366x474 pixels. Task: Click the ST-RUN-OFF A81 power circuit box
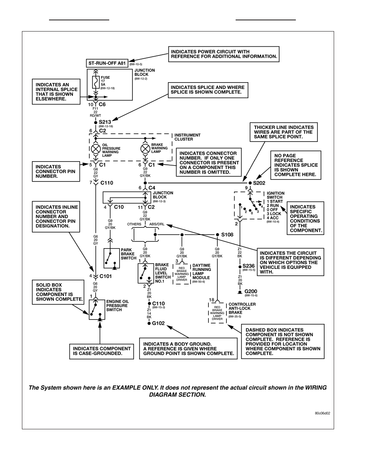pos(107,63)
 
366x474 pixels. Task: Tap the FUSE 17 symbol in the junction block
pos(96,82)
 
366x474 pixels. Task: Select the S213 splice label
pos(105,122)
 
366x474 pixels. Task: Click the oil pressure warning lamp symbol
pos(96,149)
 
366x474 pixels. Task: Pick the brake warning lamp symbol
pos(145,149)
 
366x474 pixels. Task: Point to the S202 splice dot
pos(250,183)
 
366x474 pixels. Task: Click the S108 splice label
pos(227,235)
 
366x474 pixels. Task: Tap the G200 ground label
pos(251,291)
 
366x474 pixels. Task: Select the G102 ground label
pos(158,323)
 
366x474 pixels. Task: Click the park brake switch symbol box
pos(112,259)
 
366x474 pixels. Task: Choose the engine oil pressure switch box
pos(97,310)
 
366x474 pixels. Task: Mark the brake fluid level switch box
pos(146,273)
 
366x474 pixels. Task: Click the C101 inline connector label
pos(105,276)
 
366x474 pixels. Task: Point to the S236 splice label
pos(248,266)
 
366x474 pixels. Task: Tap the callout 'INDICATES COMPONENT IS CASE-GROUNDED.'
pos(101,351)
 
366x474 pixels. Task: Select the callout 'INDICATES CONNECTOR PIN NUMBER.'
pos(56,172)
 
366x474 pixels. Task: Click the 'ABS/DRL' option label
pos(157,224)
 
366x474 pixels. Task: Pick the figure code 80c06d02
pos(323,413)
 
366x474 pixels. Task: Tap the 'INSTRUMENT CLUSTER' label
pos(187,137)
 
